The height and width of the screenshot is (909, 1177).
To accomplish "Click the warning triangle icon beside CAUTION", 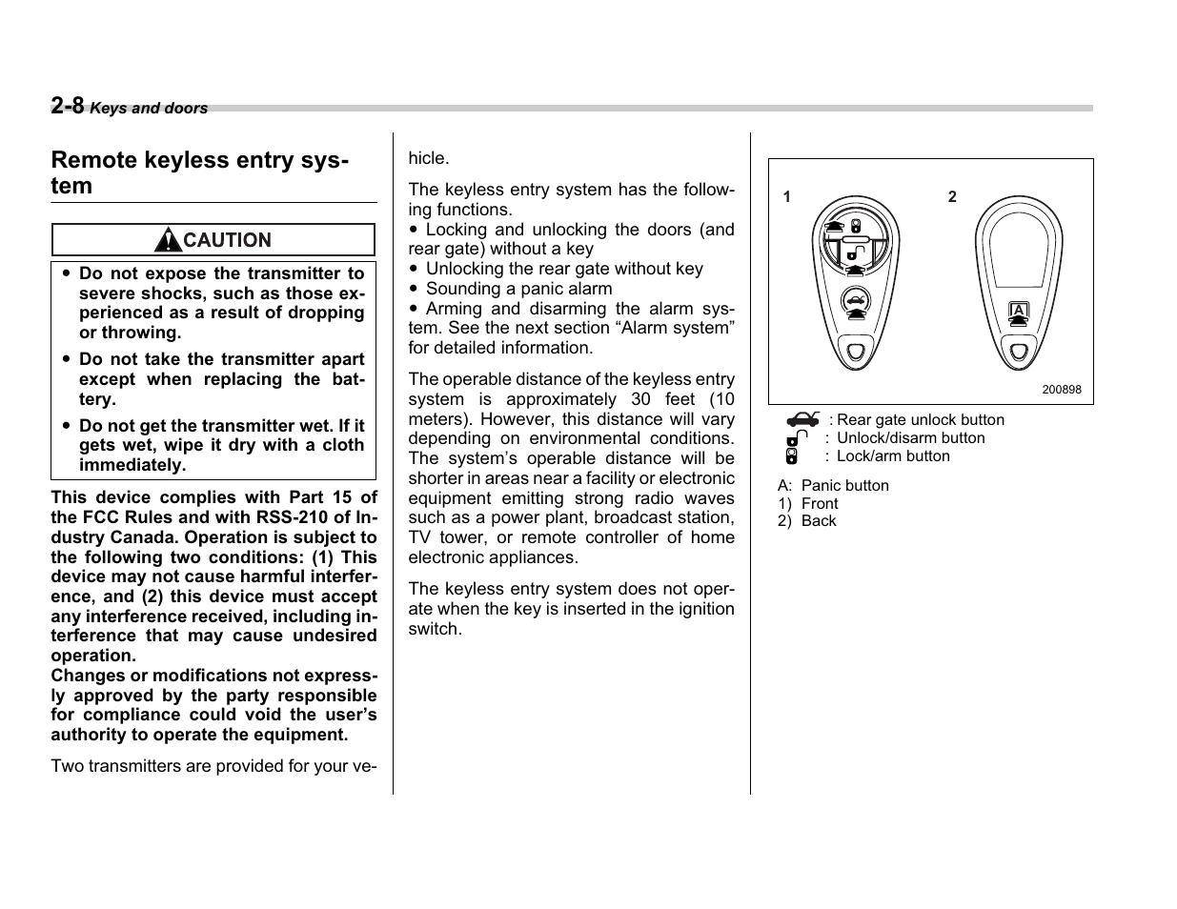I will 168,240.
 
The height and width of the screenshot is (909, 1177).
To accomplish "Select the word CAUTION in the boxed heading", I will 227,240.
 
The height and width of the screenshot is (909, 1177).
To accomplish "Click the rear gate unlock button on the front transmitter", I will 856,301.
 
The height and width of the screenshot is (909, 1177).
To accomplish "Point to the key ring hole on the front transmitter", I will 856,351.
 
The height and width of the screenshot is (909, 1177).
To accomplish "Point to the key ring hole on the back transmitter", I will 1020,351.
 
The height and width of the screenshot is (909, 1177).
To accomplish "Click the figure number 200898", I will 1061,390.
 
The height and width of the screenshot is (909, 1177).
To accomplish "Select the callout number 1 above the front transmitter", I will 787,197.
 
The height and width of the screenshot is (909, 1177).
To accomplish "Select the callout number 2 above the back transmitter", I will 952,196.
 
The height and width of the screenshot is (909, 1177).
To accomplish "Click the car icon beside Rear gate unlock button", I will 802,419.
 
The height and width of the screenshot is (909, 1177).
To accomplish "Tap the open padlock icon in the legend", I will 797,438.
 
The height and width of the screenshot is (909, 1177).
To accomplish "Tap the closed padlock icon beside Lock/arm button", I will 792,456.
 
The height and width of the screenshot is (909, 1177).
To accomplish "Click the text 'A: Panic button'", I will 833,485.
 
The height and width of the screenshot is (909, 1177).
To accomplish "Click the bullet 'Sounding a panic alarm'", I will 518,289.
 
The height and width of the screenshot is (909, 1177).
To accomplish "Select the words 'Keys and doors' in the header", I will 149,109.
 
